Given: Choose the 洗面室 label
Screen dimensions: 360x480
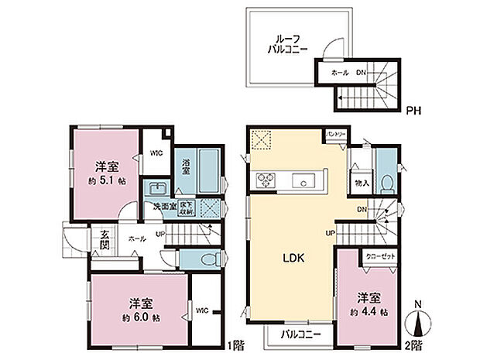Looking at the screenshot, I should tap(164, 207).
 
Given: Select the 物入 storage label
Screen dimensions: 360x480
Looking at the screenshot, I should tap(361, 183).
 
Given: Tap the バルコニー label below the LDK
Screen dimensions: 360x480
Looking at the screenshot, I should tap(291, 334).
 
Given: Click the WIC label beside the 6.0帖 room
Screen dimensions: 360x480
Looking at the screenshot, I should tap(204, 311).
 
